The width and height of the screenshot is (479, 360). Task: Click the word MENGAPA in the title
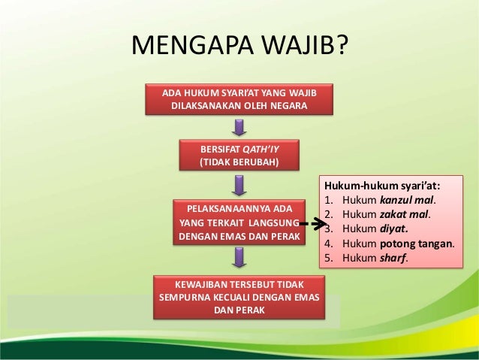click(189, 46)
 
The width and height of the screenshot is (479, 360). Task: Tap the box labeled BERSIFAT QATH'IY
click(238, 155)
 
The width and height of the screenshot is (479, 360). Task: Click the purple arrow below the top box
click(238, 126)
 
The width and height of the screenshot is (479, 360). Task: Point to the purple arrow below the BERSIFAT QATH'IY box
click(238, 185)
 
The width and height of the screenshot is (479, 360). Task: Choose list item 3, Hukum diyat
click(367, 229)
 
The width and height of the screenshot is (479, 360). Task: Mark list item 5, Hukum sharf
click(368, 258)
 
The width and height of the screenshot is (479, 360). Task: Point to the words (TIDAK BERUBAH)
click(238, 162)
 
